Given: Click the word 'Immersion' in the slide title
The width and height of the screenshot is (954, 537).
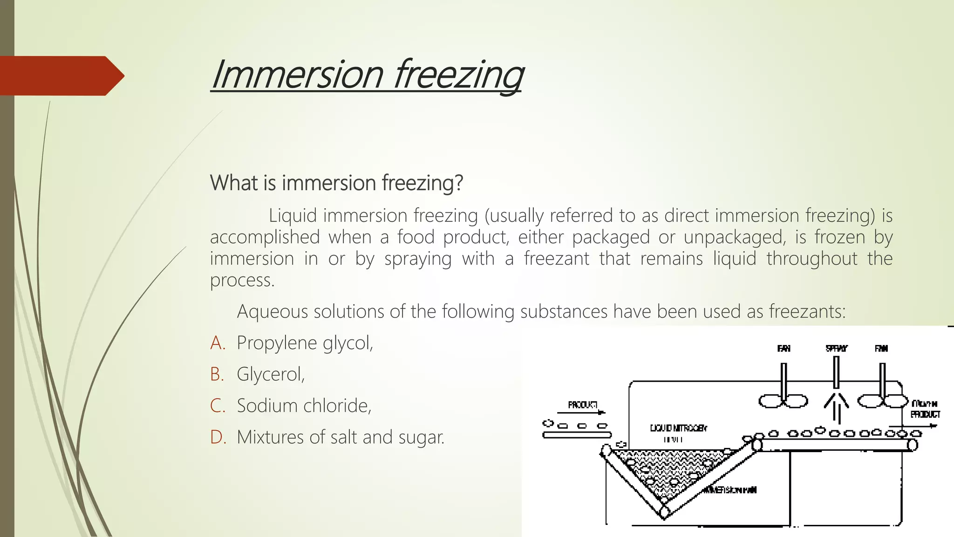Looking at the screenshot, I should point(297,75).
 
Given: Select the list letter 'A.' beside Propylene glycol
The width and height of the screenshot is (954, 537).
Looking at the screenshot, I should point(218,343).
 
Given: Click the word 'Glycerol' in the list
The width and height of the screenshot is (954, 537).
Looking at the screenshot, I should point(269,374).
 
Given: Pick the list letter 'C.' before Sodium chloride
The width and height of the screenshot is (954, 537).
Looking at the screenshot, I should point(218,406).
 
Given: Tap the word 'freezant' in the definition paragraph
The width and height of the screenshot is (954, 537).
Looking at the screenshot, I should point(557,258).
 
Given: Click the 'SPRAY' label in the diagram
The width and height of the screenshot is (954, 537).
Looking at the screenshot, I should point(837,348).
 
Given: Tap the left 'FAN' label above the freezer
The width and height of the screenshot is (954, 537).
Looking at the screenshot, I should point(784,348).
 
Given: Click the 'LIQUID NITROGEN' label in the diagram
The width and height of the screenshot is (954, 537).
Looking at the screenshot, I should point(678,428).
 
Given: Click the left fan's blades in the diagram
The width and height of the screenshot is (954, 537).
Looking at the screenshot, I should point(783,400).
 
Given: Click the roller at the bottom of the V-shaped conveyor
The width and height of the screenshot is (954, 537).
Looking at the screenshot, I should point(665,512).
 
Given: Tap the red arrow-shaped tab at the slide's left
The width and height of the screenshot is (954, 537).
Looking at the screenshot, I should point(61,76).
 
